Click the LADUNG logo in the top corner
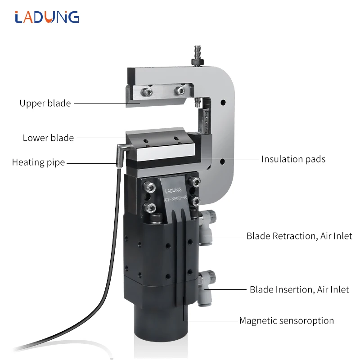pos(46,17)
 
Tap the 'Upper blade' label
pos(45,103)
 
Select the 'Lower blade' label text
pos(48,138)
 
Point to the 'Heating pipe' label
pos(39,162)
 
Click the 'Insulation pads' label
pos(293,159)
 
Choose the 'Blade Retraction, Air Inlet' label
pos(299,236)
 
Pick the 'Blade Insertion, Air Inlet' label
pos(299,289)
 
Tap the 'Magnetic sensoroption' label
pos(286,321)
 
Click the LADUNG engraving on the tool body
pos(173,190)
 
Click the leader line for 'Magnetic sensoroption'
pos(211,321)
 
